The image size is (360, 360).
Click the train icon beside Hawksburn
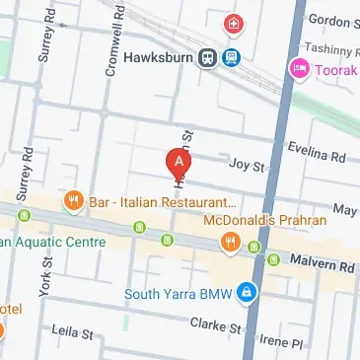click(208, 57)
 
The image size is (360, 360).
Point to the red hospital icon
click(234, 23)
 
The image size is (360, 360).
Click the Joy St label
click(247, 167)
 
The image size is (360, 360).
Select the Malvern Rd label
click(322, 266)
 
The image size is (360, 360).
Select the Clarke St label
click(217, 325)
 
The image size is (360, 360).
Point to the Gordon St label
click(330, 19)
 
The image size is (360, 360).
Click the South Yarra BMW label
click(180, 293)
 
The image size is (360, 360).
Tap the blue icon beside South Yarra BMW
click(249, 293)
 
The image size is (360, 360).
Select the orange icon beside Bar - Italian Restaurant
click(73, 202)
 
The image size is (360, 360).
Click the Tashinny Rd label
click(331, 46)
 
